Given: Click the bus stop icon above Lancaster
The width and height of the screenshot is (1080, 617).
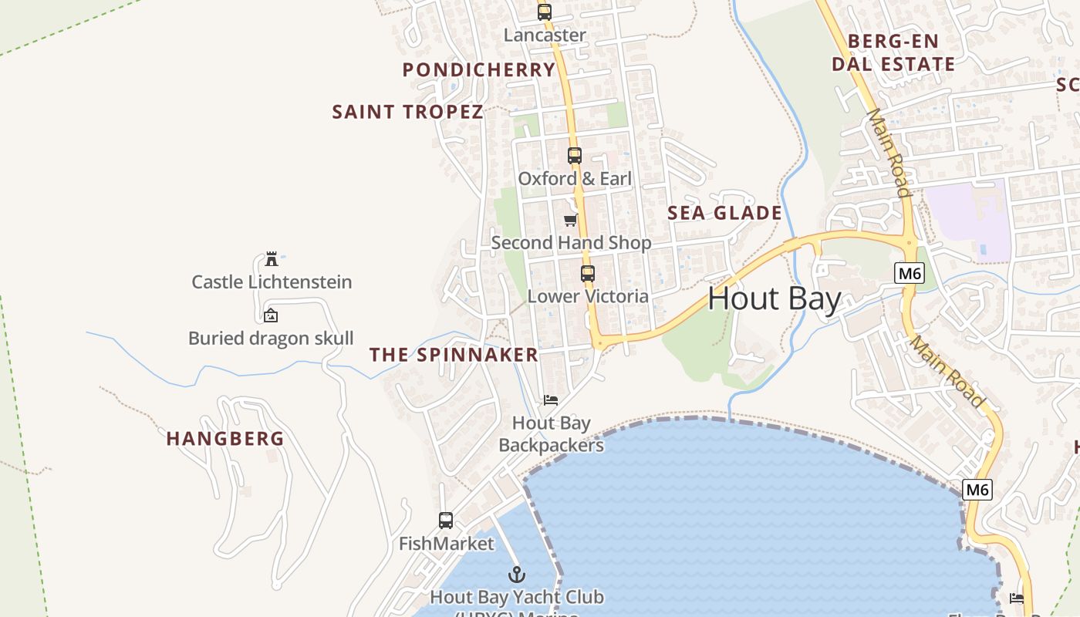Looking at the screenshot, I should coord(545,12).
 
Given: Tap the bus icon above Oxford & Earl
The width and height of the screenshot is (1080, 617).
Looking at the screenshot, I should coord(574,156).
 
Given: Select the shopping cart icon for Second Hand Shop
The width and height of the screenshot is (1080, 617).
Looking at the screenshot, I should coord(571,221).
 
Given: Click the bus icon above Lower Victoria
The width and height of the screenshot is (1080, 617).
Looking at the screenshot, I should coord(588,273).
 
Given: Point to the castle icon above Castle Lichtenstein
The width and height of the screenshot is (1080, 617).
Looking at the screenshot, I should coord(272,258).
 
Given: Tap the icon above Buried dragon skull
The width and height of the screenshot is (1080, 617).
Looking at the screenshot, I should coord(271,315).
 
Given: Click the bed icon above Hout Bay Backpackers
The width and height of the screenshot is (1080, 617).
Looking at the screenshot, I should coord(551,400).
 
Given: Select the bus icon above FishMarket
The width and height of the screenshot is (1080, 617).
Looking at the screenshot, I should coord(446,521).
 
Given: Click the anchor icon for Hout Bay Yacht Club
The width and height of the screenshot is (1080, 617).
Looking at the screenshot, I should coord(517,575).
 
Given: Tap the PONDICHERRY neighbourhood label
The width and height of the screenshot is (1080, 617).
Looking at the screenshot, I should coord(479,70).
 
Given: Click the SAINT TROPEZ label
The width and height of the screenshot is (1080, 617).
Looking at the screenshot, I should coord(407,112).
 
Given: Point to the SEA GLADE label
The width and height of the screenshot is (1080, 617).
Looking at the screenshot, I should coord(724,213).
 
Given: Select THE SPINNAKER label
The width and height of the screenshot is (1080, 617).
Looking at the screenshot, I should coord(454,355).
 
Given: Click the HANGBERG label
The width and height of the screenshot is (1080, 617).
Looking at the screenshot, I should coord(225,439).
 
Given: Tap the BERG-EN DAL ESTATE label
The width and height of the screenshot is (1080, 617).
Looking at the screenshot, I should coord(893,52).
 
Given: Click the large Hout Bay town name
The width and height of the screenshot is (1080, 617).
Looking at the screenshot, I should coord(774,298).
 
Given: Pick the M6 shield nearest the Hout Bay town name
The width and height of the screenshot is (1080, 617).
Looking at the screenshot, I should coord(910,273).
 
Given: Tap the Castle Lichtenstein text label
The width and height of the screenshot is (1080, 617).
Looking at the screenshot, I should coord(272,282).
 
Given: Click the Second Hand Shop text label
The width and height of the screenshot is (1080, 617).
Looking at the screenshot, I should coord(571,243).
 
